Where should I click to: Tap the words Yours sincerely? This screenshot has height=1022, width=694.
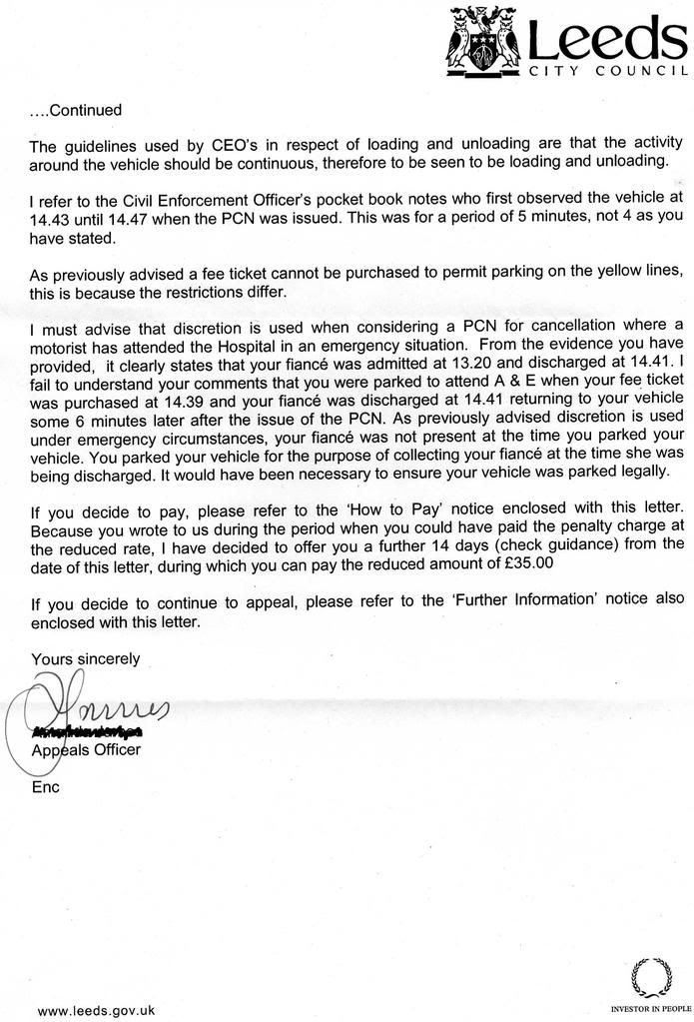coord(86,658)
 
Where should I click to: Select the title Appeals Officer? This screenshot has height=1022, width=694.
coord(87,749)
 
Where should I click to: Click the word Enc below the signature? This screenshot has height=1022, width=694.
coord(46,786)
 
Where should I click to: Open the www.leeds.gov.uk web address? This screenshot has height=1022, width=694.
coord(96,1010)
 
